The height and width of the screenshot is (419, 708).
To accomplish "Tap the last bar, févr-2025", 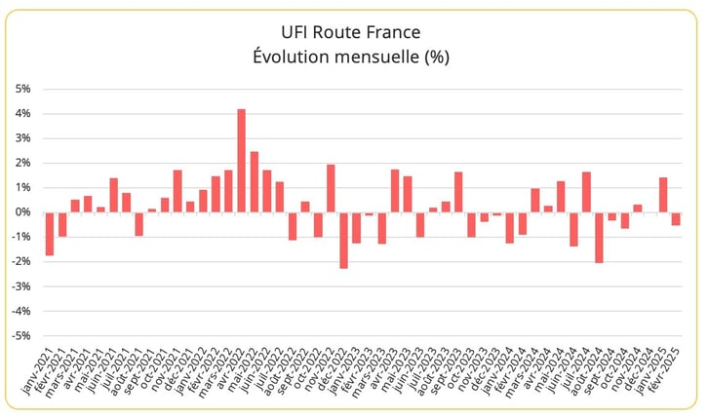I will pyautogui.click(x=676, y=219).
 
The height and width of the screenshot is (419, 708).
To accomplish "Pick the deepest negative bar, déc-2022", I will pyautogui.click(x=343, y=241).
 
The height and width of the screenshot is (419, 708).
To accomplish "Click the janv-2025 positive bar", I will pyautogui.click(x=663, y=195).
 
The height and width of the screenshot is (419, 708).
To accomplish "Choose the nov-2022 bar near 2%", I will pyautogui.click(x=331, y=188).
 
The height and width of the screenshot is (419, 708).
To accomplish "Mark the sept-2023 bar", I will pyautogui.click(x=458, y=192).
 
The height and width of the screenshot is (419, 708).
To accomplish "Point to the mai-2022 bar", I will pyautogui.click(x=254, y=182).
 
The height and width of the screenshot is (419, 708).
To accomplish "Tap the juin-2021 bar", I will pyautogui.click(x=113, y=195).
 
